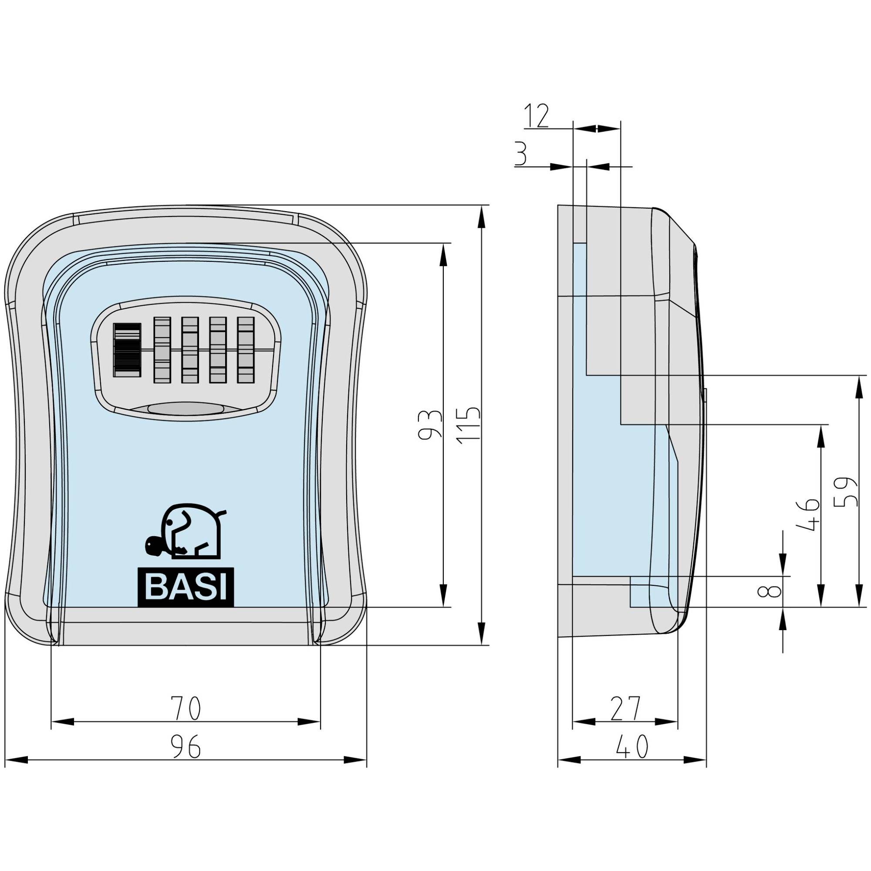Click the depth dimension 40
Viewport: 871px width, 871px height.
pyautogui.click(x=631, y=746)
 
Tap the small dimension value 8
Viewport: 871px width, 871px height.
pyautogui.click(x=772, y=591)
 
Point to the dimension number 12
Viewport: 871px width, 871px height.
pyautogui.click(x=537, y=116)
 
